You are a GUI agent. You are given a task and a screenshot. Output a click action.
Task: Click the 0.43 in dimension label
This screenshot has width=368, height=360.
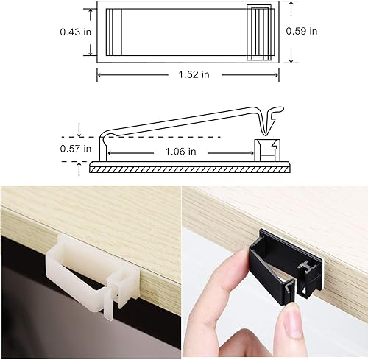click(x=74, y=32)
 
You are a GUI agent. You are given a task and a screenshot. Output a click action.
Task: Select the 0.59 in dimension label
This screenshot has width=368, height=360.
click(x=302, y=31)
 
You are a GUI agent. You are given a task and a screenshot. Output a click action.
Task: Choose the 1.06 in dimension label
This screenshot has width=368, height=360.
click(x=181, y=152)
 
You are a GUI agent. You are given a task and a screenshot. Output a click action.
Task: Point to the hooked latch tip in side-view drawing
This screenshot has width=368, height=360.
click(x=277, y=113)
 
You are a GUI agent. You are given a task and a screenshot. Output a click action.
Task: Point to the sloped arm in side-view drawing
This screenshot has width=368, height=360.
click(x=184, y=121)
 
